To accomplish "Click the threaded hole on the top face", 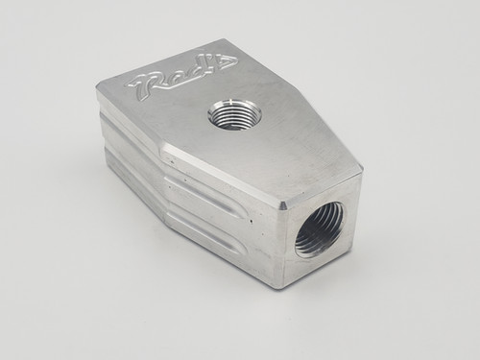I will click(x=231, y=117).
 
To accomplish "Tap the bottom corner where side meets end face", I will click(x=280, y=285).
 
